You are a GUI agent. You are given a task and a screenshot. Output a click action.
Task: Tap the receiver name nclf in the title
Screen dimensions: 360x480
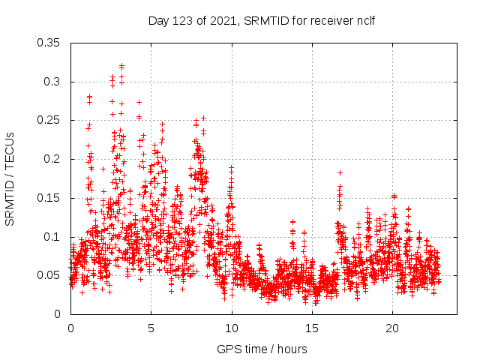point(364,20)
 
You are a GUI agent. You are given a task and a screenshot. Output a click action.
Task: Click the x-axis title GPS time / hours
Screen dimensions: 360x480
point(262,349)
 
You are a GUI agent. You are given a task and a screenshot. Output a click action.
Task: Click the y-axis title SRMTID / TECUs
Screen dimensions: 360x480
point(10,178)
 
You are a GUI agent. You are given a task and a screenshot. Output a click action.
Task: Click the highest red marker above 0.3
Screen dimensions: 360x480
point(121,66)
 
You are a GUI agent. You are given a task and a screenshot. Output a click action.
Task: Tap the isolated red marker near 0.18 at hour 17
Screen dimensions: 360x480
point(340,172)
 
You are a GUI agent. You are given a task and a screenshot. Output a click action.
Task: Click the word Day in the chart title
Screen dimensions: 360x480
point(159,20)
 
